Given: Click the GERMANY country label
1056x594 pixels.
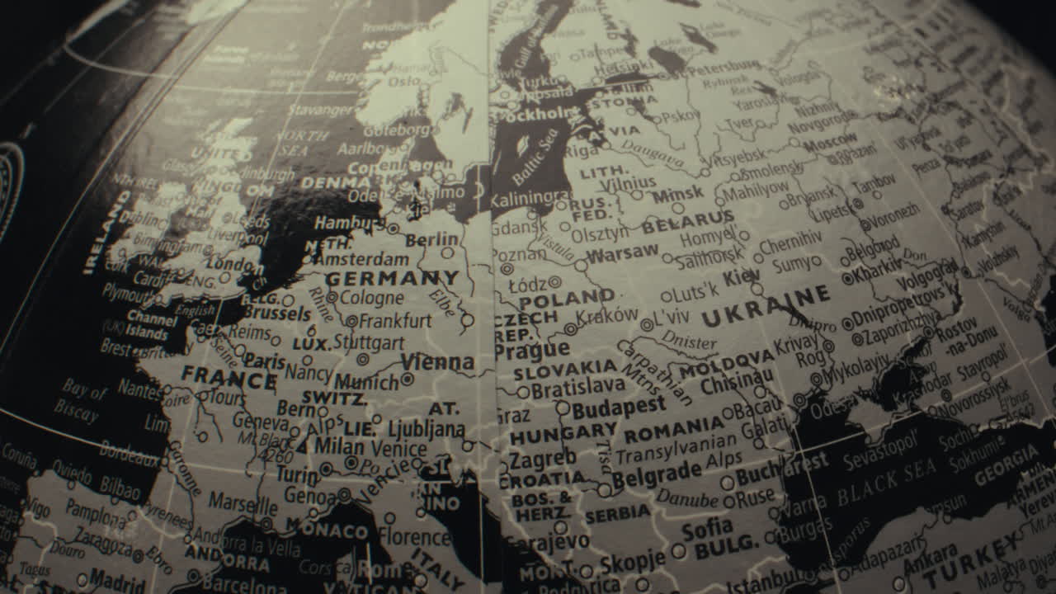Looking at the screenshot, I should [392, 278].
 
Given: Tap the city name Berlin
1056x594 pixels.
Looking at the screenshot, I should [432, 240].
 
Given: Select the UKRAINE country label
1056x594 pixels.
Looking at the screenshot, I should [766, 306].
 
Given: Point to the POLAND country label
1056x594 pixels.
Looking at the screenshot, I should [567, 299].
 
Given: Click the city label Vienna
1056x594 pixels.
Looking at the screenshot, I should [437, 362].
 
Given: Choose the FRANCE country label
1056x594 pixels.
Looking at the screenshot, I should [229, 379].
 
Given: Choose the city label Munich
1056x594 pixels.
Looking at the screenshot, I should [366, 382].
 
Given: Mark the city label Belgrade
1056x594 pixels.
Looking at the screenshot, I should [656, 474].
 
